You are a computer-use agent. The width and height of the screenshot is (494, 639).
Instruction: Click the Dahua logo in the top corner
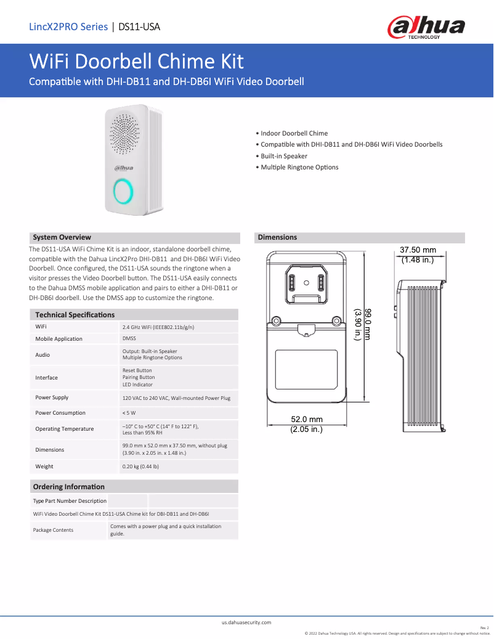pos(426,27)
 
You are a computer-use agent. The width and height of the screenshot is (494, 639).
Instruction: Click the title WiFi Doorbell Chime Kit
pos(136,62)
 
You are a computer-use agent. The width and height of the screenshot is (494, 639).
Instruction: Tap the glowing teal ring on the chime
pos(123,191)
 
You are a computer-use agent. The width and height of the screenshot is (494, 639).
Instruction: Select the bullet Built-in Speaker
pos(283,156)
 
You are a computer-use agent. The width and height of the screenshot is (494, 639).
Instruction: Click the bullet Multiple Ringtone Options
pos(299,168)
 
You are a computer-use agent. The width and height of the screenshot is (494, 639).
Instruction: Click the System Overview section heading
pos(62,237)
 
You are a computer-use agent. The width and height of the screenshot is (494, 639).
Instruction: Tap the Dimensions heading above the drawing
pos(277,237)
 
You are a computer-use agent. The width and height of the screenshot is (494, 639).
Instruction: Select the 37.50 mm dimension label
pos(418,250)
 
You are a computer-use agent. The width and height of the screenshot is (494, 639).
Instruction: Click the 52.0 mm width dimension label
pos(307,420)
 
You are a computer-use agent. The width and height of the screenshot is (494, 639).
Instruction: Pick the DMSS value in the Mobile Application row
pos(129,338)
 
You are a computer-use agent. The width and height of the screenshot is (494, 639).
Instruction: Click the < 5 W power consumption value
pos(129,413)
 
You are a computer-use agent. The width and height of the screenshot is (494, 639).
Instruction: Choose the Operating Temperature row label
pos(65,429)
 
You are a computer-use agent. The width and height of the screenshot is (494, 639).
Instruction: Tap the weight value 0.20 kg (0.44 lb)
pos(141,466)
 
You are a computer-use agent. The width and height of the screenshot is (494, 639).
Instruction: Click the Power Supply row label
pos(52,397)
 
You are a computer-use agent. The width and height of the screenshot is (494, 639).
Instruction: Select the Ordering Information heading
pos(68,487)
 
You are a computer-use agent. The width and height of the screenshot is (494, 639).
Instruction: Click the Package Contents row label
pos(53,530)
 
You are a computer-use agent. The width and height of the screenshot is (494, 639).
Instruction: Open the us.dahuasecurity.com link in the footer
pos(246,622)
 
